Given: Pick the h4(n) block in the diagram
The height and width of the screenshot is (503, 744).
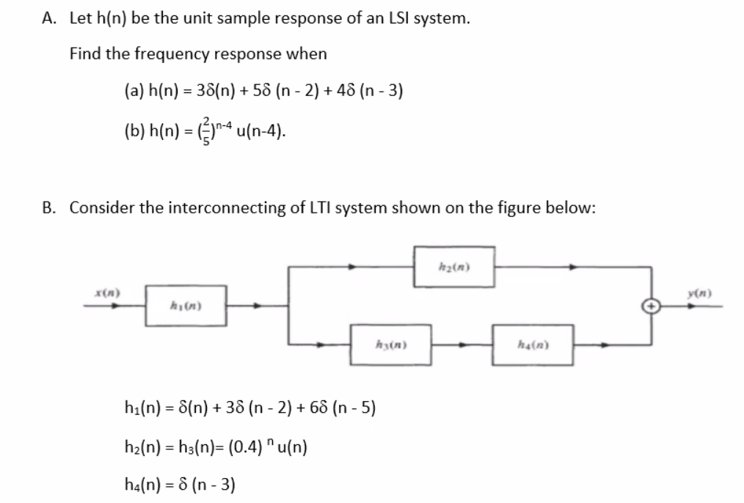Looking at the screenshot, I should click(x=544, y=343).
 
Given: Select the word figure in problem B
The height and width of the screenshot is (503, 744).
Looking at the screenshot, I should click(x=525, y=208).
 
